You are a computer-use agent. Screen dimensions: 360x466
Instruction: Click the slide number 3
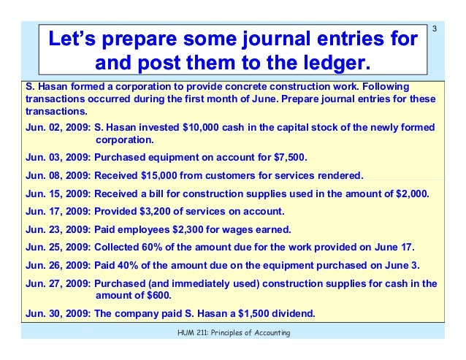coord(435,29)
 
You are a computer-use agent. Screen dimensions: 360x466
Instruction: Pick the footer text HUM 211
coord(185,333)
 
